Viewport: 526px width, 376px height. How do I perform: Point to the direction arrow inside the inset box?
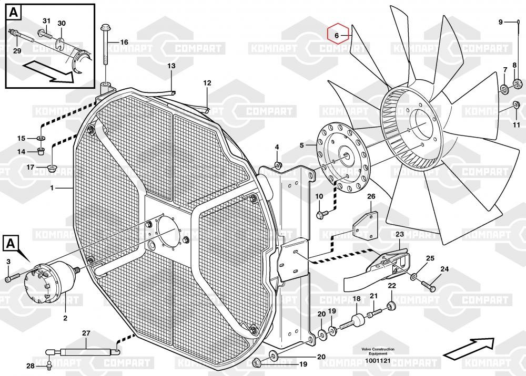coord(50,71)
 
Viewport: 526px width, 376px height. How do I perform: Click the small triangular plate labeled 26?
coord(364,224)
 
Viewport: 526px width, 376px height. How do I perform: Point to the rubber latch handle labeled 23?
coord(376,268)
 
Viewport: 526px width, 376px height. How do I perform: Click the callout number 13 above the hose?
coord(171,66)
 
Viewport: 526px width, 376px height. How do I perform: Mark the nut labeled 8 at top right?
coord(517,83)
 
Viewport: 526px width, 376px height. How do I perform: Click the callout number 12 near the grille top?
coord(207,83)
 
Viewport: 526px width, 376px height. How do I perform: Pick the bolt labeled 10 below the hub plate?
coord(322,214)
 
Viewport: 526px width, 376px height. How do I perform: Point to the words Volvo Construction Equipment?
coord(377,351)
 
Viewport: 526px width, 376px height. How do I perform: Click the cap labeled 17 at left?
coord(53,169)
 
